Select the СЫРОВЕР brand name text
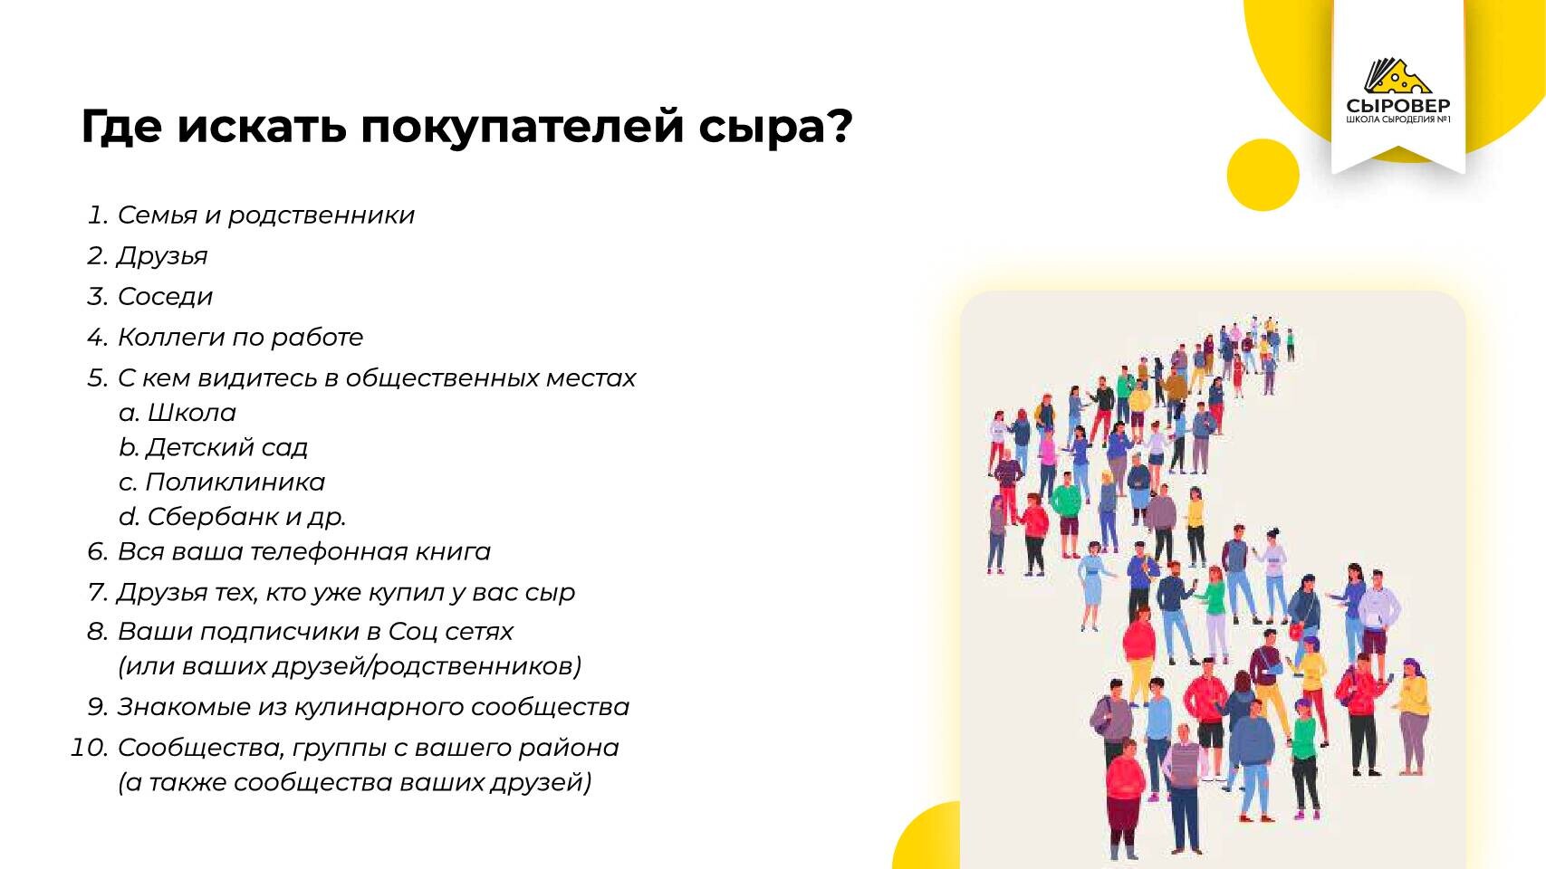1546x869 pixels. click(1398, 106)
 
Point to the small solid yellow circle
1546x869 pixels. click(1263, 175)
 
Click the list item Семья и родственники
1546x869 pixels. click(266, 215)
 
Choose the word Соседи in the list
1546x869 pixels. click(166, 297)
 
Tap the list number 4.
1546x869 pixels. click(97, 338)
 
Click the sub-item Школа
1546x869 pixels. click(192, 413)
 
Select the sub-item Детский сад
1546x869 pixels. click(226, 447)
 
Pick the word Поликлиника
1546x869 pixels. click(235, 482)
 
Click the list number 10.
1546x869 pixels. click(90, 748)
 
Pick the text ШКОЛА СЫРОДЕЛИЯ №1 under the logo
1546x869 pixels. click(1398, 119)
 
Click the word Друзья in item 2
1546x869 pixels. click(162, 256)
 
